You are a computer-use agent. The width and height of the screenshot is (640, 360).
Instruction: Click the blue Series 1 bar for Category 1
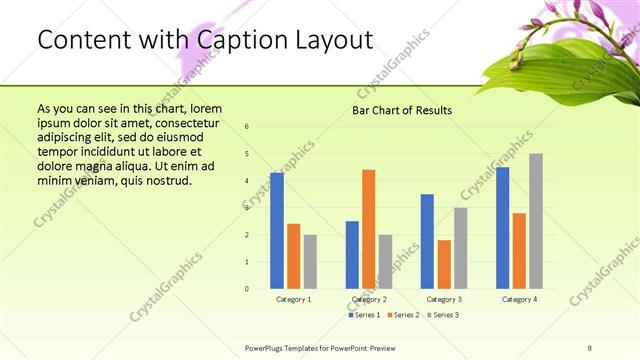click(277, 231)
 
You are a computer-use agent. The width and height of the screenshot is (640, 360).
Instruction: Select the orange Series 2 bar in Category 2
click(369, 229)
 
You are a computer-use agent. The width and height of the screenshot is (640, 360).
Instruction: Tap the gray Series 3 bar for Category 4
click(536, 221)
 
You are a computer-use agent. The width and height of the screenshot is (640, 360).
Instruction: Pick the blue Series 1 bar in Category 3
click(427, 241)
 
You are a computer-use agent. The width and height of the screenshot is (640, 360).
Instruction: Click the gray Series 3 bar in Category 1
click(310, 262)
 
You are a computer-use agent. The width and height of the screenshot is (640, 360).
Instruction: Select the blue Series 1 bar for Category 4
click(502, 228)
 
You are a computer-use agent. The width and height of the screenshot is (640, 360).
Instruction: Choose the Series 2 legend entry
click(403, 315)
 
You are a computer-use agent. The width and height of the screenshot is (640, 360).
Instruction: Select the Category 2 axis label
click(369, 299)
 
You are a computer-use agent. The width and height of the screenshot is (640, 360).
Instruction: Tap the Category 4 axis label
click(519, 299)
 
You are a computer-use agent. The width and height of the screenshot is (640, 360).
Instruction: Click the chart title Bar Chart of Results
click(401, 110)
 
